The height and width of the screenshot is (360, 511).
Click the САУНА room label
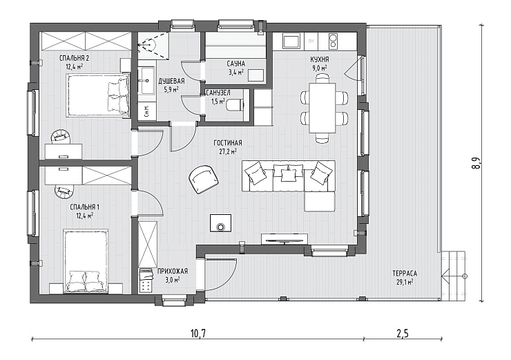pos(235,64)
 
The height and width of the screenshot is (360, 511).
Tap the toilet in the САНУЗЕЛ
pos(234,105)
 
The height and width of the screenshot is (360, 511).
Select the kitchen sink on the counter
pos(291,41)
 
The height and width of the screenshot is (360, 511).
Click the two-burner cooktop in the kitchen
pos(333,41)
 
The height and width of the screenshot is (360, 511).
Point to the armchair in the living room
pos(204,179)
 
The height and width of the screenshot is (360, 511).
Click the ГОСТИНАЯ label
pos(228,143)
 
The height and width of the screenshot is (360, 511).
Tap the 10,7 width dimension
pos(198,333)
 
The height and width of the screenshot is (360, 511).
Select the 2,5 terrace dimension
pos(403,333)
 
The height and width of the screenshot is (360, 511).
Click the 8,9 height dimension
pos(476,163)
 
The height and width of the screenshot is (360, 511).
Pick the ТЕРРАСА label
pos(405,273)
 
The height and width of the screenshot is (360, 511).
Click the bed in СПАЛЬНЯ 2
pos(97,95)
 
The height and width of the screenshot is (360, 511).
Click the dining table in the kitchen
pos(322,108)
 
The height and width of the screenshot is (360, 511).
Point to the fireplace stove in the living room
pos(221,222)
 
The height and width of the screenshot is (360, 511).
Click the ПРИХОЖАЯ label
pos(173,272)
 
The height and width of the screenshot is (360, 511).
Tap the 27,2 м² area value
pos(228,151)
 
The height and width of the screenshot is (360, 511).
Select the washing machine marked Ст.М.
pos(146,111)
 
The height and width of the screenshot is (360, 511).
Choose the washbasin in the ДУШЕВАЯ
pos(147,80)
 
